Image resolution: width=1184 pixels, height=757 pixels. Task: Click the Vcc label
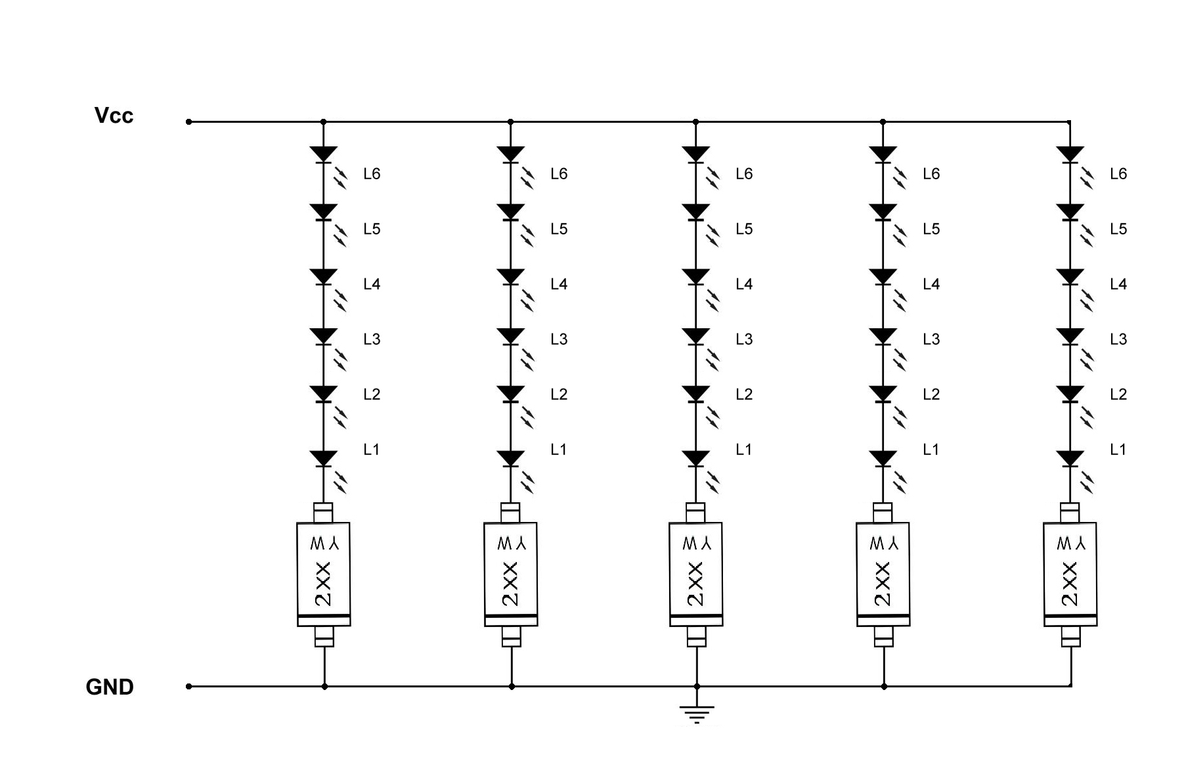(x=114, y=116)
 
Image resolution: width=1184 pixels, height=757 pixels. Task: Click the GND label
(x=110, y=687)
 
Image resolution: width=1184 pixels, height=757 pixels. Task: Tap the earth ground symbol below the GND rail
(x=697, y=713)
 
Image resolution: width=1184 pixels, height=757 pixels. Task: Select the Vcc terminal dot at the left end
(x=189, y=121)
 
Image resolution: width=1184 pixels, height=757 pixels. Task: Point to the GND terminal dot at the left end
(x=189, y=686)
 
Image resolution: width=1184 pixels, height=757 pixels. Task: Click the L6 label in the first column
(x=372, y=174)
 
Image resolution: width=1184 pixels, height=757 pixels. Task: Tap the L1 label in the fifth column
(x=1118, y=450)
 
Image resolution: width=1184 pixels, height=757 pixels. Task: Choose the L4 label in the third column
(x=744, y=284)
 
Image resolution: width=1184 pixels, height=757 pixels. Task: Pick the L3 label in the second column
(x=559, y=339)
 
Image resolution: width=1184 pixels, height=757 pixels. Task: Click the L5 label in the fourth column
(x=931, y=229)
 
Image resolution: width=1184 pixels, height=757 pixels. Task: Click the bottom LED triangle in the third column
(x=696, y=458)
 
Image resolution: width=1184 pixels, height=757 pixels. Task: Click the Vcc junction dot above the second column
(x=511, y=121)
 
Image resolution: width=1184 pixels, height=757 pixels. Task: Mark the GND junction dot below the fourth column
(x=884, y=686)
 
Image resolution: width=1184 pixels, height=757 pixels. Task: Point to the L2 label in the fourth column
(x=931, y=395)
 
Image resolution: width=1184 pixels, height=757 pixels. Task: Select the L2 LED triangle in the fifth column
(x=1070, y=393)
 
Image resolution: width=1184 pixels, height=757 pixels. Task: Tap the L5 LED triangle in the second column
(x=511, y=211)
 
